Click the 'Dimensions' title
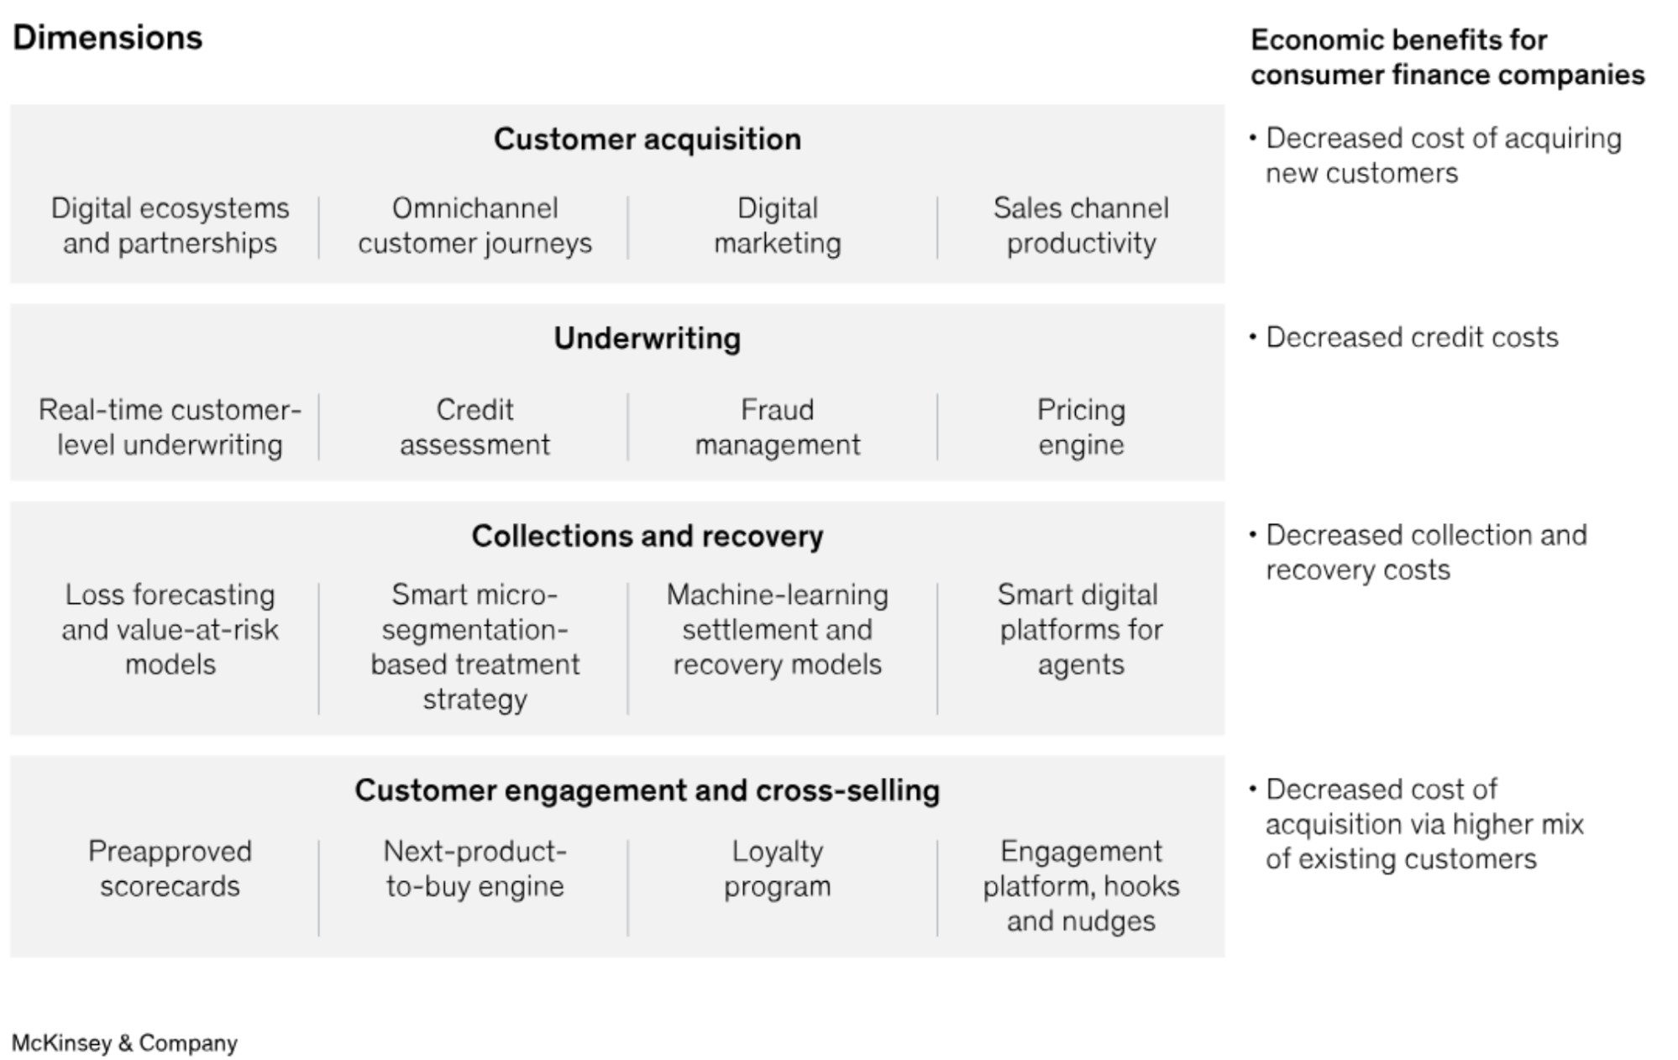107,38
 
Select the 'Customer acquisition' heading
647,139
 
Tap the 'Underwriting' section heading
647,338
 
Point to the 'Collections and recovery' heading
647,536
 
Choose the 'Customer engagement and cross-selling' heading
647,790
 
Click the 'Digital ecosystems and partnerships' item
170,225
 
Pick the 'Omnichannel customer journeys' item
475,225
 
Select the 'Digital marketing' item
777,225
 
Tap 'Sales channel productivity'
1081,225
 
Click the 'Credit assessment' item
475,427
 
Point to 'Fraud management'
777,427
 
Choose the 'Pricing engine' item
1081,427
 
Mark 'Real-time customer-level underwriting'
170,427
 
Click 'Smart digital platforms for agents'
1081,629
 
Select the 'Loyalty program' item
777,868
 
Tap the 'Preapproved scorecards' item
170,868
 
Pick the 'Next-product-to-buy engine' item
475,868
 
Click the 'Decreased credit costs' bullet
1403,337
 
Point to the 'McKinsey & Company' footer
124,1043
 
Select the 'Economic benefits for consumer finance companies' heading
1447,57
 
